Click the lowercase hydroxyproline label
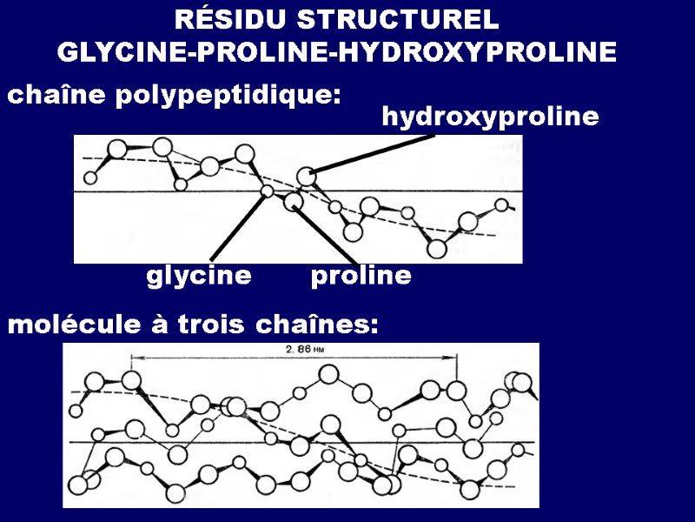490,117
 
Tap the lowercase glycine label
199,278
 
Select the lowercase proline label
361,278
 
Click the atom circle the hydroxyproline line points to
305,177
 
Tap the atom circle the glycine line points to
268,191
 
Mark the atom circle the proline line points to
294,202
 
